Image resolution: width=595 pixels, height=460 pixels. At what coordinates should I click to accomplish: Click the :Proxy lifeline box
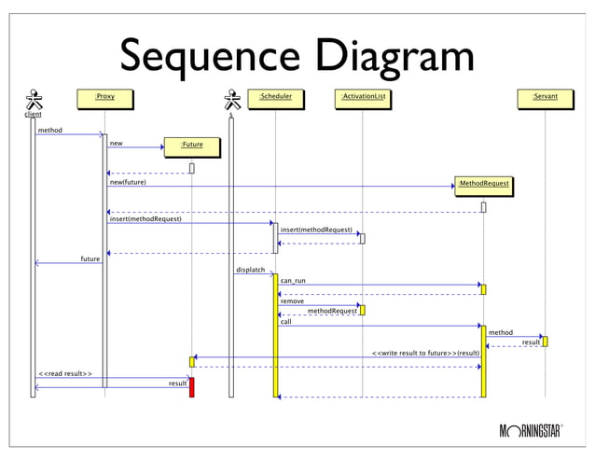(104, 97)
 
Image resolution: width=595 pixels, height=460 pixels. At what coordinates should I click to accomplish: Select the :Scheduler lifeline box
(275, 97)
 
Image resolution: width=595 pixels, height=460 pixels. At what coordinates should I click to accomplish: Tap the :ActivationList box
(363, 97)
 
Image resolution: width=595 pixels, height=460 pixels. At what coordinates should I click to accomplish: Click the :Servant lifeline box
(544, 97)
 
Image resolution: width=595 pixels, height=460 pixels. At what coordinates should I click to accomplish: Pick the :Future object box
(191, 146)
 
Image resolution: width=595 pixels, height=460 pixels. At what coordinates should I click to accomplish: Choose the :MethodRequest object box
(483, 185)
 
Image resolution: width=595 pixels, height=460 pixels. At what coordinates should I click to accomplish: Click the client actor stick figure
(34, 100)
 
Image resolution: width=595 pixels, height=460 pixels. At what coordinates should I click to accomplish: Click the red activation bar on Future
(191, 387)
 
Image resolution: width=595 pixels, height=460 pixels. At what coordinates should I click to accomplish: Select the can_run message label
(293, 280)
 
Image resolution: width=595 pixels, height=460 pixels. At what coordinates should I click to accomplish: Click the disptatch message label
(251, 270)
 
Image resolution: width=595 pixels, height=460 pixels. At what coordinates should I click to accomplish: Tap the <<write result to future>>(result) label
(426, 354)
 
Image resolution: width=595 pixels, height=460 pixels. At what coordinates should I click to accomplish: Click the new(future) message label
(128, 182)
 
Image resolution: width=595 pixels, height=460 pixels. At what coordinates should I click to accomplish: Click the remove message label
(292, 301)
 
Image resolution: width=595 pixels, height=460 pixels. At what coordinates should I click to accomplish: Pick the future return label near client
(90, 258)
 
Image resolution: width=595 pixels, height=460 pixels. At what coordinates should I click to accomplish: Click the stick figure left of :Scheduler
(230, 100)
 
